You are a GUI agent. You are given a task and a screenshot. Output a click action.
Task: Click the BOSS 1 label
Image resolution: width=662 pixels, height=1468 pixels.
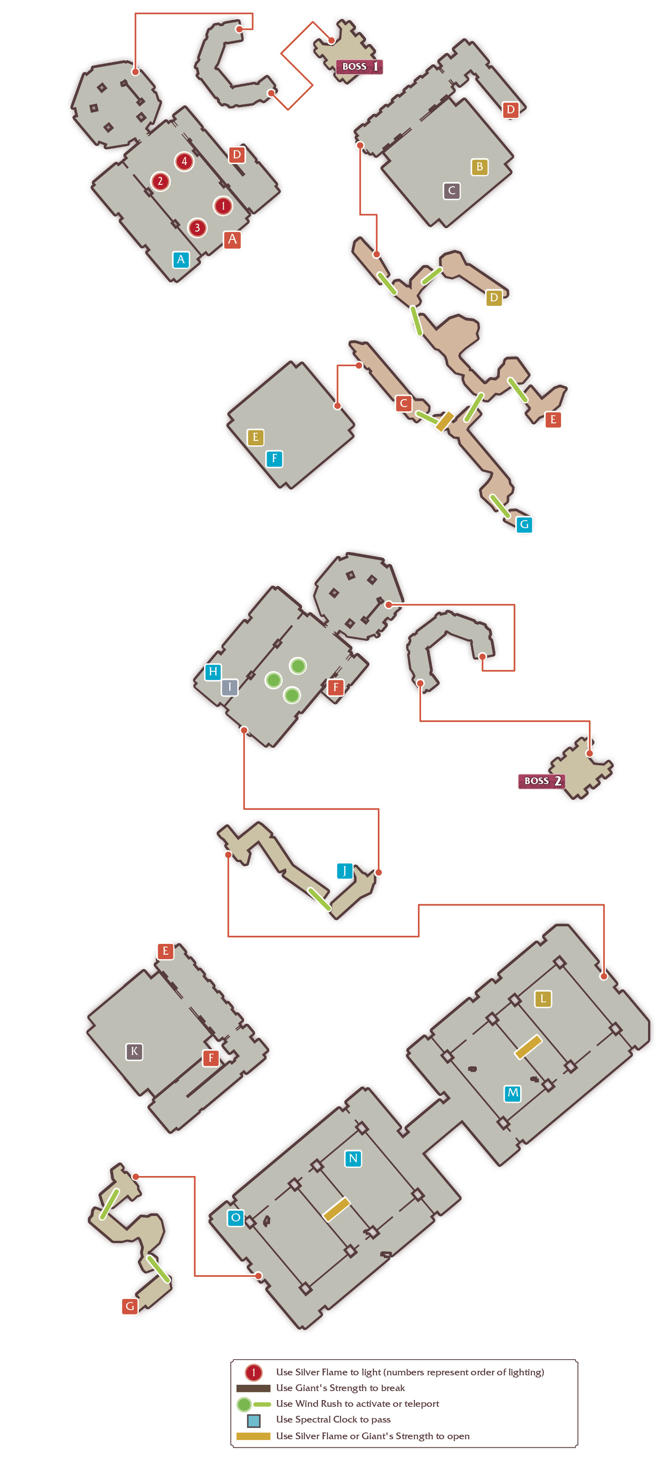pos(359,67)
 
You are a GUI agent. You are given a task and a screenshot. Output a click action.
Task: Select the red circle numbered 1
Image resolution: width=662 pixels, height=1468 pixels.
pos(223,206)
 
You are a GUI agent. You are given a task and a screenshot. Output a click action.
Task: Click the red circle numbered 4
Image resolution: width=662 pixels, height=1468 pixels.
pos(184,161)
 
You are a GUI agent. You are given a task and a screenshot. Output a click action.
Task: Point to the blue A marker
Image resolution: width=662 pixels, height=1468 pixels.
pos(181,260)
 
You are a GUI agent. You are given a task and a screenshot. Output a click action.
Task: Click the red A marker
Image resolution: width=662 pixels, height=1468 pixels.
pos(232,239)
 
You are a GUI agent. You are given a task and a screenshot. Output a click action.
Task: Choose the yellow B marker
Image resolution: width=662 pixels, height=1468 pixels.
pos(480,167)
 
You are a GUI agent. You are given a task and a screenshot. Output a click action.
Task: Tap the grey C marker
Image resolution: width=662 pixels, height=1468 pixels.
pos(452,190)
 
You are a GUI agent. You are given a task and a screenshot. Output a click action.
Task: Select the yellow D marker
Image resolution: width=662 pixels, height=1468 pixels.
pos(494,297)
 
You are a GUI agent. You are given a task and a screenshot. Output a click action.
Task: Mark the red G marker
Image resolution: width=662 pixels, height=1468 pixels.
pos(130,1306)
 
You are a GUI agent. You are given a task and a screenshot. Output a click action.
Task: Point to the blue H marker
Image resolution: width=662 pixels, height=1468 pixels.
pos(213,672)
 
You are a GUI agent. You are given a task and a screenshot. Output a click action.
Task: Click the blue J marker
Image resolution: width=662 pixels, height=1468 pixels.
pos(345,871)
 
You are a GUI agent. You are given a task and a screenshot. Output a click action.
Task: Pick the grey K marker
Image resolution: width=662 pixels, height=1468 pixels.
pos(134,1051)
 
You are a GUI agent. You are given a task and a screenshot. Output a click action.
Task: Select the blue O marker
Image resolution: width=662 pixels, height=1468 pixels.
pos(236,1218)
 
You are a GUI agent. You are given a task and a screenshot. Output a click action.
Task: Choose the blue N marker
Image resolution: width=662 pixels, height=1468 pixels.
pos(353,1158)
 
